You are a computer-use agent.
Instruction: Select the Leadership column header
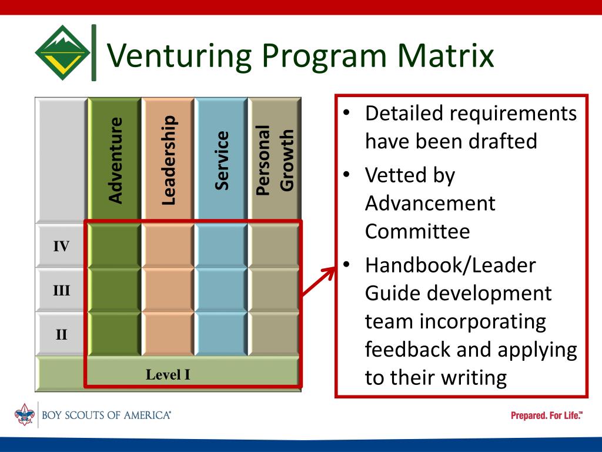click(168, 160)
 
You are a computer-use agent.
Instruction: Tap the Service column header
click(221, 160)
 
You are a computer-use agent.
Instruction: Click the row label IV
click(62, 246)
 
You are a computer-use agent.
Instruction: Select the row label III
click(62, 290)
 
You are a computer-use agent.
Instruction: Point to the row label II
click(62, 335)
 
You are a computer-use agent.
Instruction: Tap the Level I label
click(168, 374)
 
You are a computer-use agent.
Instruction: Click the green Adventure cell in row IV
click(115, 246)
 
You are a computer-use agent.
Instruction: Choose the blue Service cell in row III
click(221, 290)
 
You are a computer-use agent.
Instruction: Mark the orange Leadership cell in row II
click(168, 335)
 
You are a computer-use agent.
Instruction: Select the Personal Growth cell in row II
click(274, 335)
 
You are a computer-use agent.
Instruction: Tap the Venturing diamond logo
click(62, 54)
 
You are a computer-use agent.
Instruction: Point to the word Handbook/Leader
click(450, 265)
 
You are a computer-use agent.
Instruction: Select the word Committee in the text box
click(417, 231)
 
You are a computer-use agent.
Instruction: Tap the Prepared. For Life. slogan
click(547, 416)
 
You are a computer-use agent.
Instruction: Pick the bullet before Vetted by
click(348, 174)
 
